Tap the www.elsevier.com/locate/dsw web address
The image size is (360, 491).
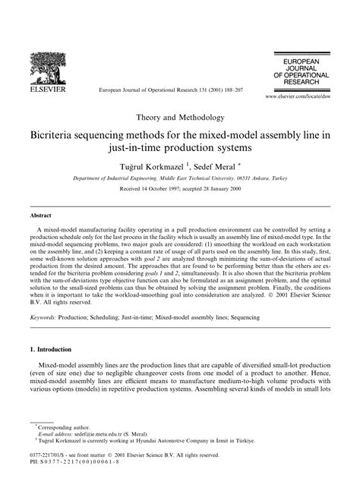[x=298, y=98]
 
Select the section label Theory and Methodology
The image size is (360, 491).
[x=180, y=118]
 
